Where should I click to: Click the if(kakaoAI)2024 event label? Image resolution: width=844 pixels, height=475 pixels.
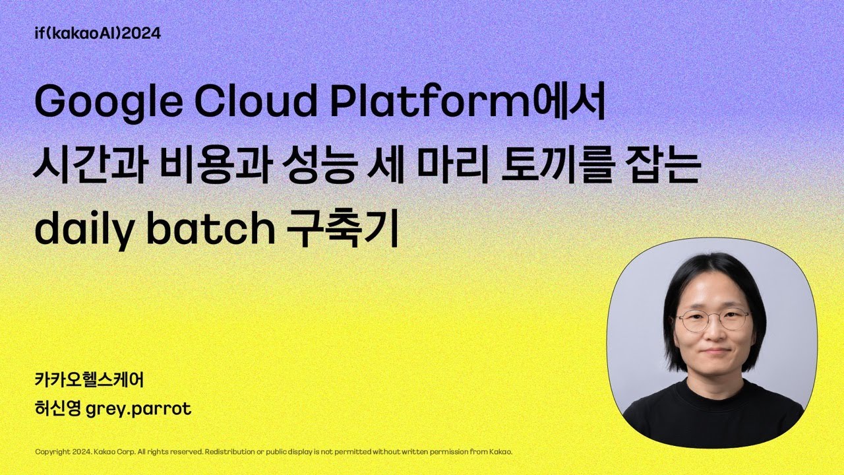pos(98,33)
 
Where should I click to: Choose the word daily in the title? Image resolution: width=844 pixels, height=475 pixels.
pos(82,230)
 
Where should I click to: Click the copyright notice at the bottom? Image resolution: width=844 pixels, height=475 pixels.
pos(274,452)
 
